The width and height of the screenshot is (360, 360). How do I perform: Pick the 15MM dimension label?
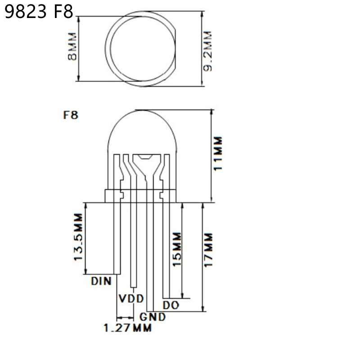click(176, 249)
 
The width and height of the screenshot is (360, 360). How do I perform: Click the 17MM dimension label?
click(208, 250)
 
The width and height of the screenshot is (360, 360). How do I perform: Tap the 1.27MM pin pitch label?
click(127, 328)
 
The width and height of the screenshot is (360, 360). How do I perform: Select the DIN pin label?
click(101, 282)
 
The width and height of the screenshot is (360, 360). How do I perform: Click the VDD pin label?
click(131, 299)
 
